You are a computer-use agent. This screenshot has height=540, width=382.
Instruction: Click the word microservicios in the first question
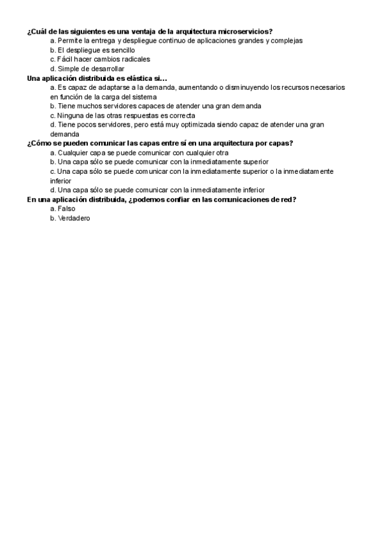[x=246, y=31]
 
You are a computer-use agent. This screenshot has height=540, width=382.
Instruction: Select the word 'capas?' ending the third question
[x=280, y=143]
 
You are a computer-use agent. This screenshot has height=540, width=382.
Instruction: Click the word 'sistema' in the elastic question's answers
[x=162, y=97]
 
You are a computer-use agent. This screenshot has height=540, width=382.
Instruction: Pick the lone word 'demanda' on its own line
[x=64, y=134]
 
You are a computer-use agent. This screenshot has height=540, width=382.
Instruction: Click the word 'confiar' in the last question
[x=195, y=199]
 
